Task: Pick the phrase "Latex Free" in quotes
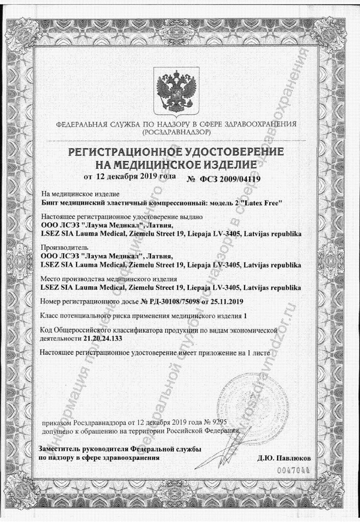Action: click(263, 202)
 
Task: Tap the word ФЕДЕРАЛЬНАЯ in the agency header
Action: click(82, 124)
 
